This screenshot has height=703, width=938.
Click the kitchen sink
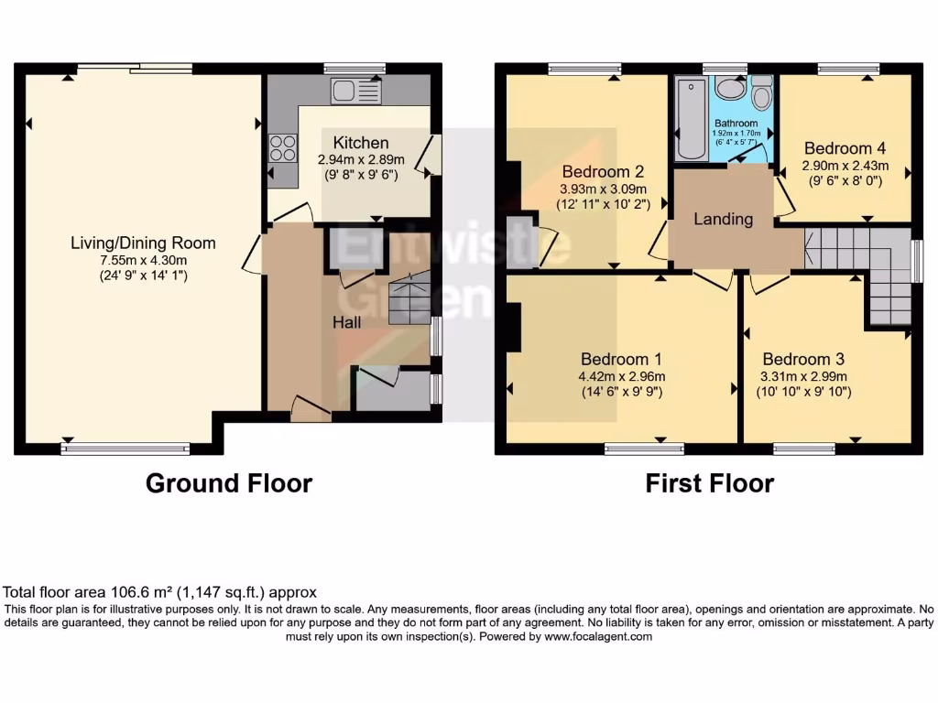pyautogui.click(x=356, y=92)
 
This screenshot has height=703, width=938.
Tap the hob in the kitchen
pyautogui.click(x=283, y=147)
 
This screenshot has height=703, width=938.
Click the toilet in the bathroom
pyautogui.click(x=760, y=95)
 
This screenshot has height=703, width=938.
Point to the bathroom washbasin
pyautogui.click(x=730, y=89)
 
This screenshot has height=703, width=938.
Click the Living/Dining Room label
pyautogui.click(x=144, y=243)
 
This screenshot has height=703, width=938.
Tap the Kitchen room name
pyautogui.click(x=360, y=143)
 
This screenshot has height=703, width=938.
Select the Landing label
pyautogui.click(x=723, y=219)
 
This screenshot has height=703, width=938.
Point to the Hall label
pyautogui.click(x=346, y=322)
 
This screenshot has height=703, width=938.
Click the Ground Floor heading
pyautogui.click(x=228, y=483)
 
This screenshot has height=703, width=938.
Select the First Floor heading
pyautogui.click(x=709, y=483)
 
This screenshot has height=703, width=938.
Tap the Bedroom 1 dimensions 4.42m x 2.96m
pyautogui.click(x=620, y=375)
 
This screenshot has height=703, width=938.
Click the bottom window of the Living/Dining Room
pyautogui.click(x=125, y=449)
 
